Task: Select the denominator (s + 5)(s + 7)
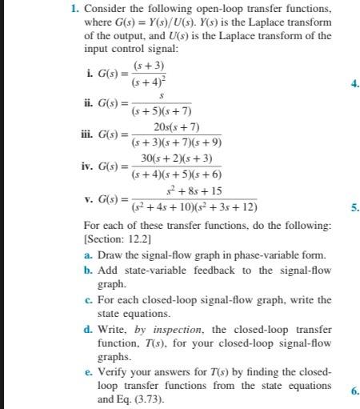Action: click(162, 111)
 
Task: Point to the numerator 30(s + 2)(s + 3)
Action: click(176, 158)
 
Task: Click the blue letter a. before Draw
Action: click(87, 255)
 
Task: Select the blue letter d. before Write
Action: click(87, 329)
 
